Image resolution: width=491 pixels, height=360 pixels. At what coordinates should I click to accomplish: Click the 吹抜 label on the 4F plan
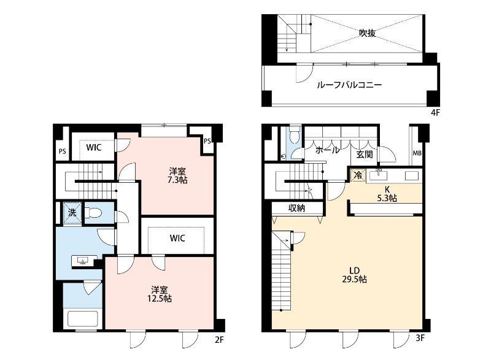367,34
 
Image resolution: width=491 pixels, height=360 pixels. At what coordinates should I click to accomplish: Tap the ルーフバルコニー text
349,85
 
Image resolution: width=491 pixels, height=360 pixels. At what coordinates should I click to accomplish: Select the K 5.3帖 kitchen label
387,194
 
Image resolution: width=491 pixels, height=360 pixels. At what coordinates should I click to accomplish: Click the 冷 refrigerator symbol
357,175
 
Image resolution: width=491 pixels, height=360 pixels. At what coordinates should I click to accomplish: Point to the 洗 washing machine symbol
72,213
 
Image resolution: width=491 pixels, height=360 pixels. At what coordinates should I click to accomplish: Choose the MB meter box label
417,153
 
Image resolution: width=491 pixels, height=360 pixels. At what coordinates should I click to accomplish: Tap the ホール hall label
327,150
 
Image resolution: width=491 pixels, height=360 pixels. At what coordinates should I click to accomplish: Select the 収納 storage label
297,209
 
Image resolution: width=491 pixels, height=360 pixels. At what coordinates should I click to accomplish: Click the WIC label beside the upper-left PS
93,147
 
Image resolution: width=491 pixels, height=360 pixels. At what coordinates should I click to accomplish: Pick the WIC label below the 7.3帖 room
177,238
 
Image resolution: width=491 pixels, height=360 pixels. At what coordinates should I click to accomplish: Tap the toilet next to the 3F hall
295,134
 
